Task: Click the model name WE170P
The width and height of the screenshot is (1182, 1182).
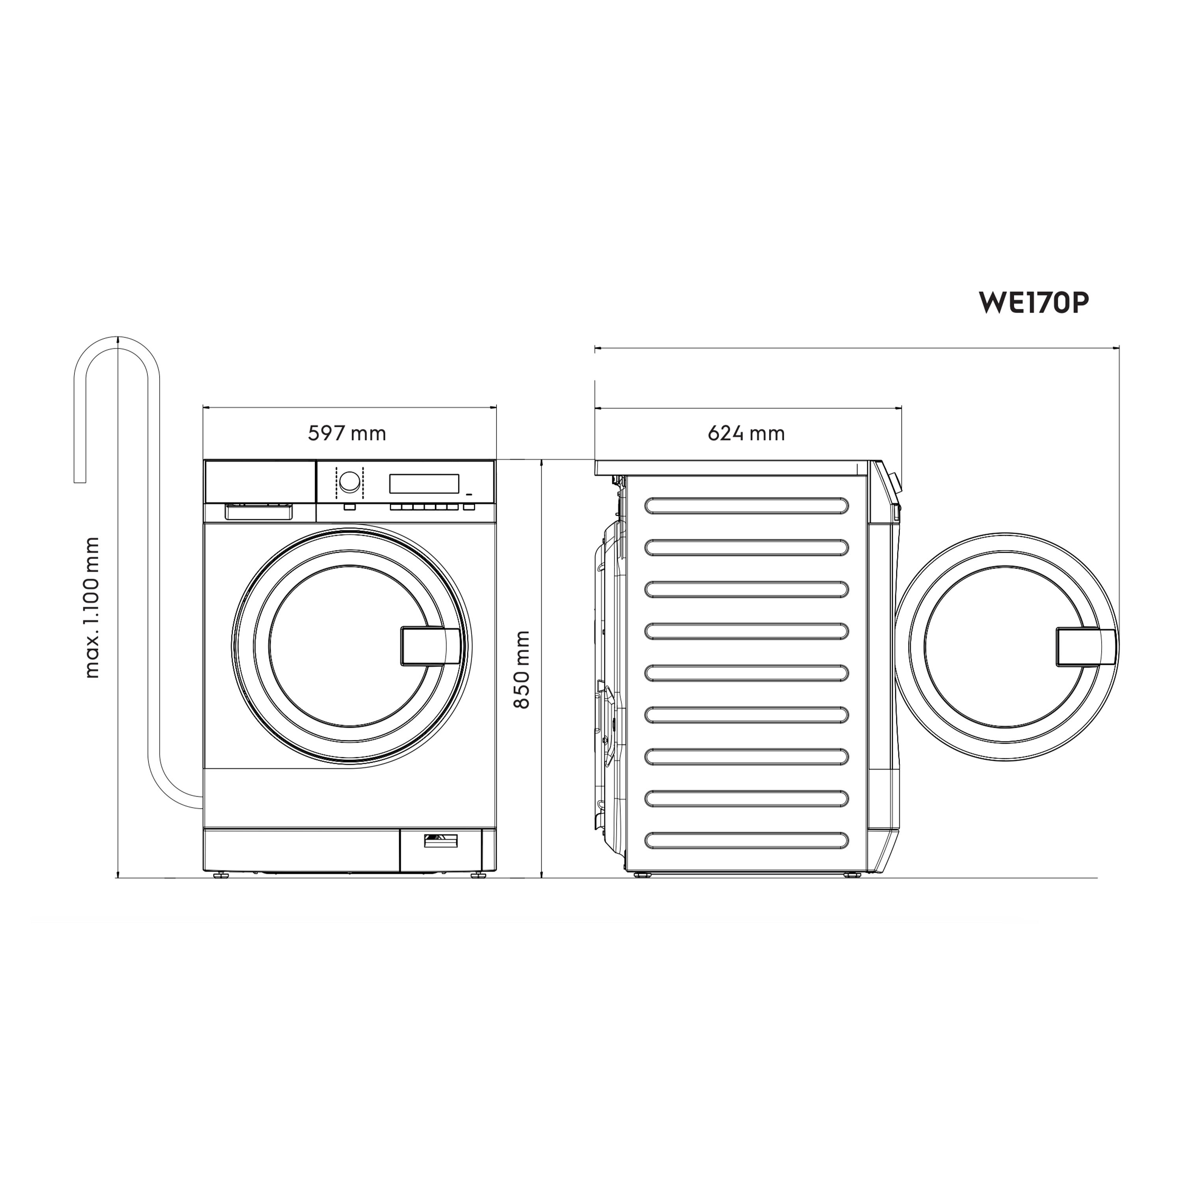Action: pos(1033,302)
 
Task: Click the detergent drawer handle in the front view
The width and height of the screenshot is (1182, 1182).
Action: pos(259,512)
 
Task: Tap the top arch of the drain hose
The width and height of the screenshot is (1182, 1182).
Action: pos(117,343)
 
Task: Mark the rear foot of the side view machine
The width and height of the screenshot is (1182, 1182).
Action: pos(642,875)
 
